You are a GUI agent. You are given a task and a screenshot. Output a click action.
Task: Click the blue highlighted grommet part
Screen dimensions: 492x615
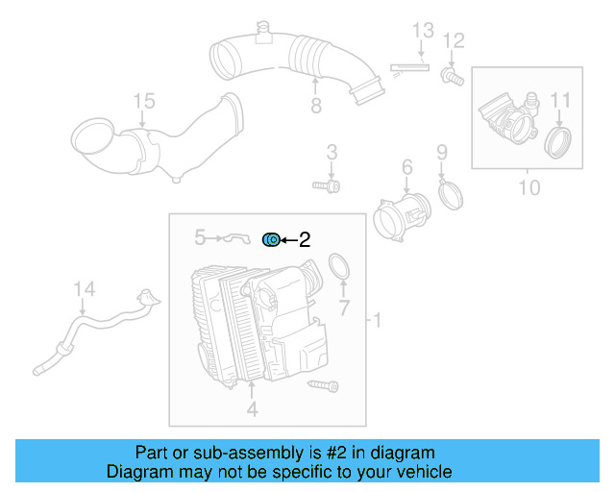tap(272, 238)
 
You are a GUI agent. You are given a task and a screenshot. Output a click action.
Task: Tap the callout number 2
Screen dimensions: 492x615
tap(305, 240)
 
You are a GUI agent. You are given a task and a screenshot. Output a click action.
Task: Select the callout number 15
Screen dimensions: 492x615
tap(142, 101)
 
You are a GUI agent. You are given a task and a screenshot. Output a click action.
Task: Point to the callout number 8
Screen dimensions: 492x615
tap(315, 106)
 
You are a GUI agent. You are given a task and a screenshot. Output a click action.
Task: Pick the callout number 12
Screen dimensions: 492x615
tap(454, 40)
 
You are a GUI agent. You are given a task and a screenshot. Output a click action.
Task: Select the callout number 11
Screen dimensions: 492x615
tap(560, 100)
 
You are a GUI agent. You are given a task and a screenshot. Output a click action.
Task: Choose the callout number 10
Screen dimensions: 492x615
tap(529, 186)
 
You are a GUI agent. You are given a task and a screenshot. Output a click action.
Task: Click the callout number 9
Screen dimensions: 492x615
tap(441, 152)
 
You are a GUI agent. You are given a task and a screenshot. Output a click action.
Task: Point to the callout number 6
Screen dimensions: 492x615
tap(406, 168)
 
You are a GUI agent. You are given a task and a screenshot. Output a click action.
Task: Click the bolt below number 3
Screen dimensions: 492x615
tap(327, 184)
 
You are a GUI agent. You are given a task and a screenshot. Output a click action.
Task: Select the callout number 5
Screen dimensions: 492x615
tap(200, 235)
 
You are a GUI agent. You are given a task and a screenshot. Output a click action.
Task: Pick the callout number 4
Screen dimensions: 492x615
tap(252, 410)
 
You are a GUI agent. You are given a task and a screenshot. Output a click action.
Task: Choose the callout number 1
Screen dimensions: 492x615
tap(378, 319)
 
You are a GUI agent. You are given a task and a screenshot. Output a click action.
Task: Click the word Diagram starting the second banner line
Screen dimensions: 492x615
tap(138, 472)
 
